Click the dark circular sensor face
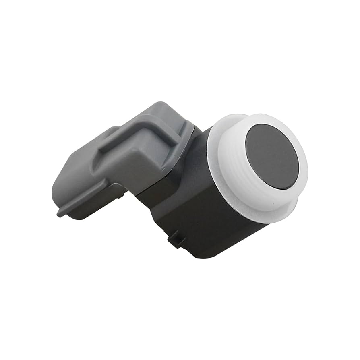[x=272, y=156]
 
